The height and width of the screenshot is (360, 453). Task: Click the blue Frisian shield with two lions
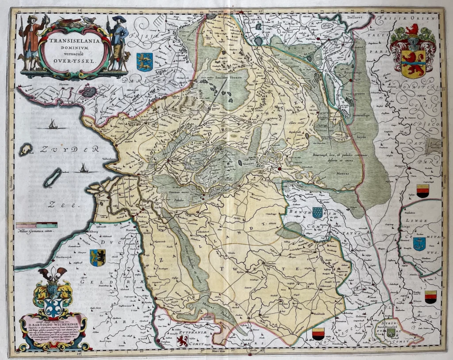coord(145,61)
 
